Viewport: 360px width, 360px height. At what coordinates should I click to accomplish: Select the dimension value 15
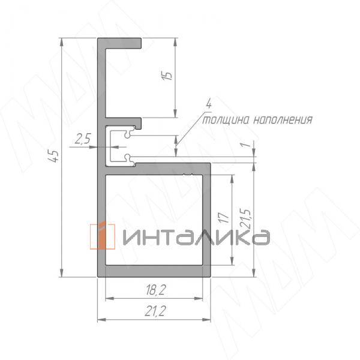click(x=168, y=76)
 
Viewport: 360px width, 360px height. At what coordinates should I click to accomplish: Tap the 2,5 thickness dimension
click(x=82, y=139)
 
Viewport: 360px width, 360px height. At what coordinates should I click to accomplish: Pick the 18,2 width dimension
click(x=154, y=291)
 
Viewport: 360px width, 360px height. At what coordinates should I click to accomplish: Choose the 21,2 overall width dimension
click(x=154, y=310)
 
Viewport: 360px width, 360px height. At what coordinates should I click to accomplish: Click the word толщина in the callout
click(x=224, y=119)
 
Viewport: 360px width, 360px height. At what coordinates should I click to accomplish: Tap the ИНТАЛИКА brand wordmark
click(x=195, y=238)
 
